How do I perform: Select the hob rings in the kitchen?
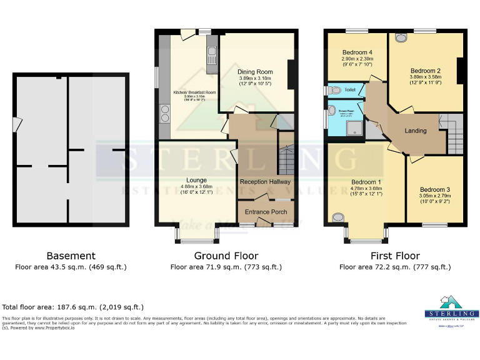click(165, 114)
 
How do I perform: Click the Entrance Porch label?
click(266, 212)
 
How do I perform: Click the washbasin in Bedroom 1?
click(337, 217)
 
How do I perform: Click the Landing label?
click(416, 131)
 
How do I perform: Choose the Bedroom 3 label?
click(435, 189)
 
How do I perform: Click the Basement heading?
click(71, 256)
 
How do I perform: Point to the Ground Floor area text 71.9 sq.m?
click(226, 267)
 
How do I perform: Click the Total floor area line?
click(73, 307)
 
